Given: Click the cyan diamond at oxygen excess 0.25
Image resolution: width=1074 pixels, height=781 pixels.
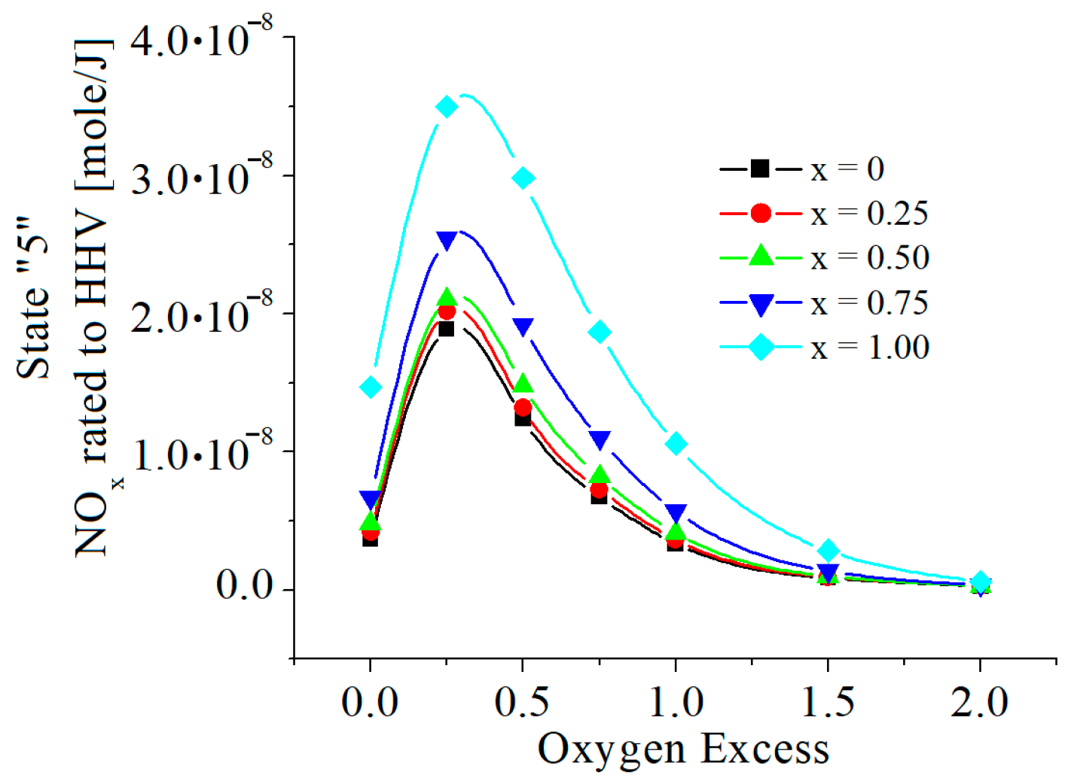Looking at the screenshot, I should click(x=447, y=107).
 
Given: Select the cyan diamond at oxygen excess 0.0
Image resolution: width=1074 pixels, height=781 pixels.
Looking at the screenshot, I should click(x=370, y=387).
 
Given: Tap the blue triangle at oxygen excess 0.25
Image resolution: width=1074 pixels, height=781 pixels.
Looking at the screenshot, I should click(x=447, y=242).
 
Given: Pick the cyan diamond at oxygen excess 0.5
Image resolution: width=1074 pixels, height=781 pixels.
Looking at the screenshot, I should click(x=523, y=178).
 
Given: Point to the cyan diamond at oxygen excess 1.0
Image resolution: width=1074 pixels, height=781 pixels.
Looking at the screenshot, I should click(x=676, y=444).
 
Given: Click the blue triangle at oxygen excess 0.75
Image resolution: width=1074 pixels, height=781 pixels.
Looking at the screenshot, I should click(x=600, y=440).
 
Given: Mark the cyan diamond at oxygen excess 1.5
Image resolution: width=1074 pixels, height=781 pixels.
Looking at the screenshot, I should click(x=828, y=550).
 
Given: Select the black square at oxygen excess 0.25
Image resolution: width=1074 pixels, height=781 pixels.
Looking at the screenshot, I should click(x=446, y=329).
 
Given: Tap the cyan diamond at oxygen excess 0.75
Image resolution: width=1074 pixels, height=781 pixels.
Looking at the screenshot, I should click(x=600, y=332).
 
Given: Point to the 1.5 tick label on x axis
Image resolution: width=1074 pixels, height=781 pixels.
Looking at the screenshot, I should click(x=828, y=702).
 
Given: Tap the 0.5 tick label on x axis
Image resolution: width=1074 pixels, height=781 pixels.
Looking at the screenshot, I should click(x=522, y=702).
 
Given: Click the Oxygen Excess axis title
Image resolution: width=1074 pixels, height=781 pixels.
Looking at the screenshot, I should click(x=683, y=749).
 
